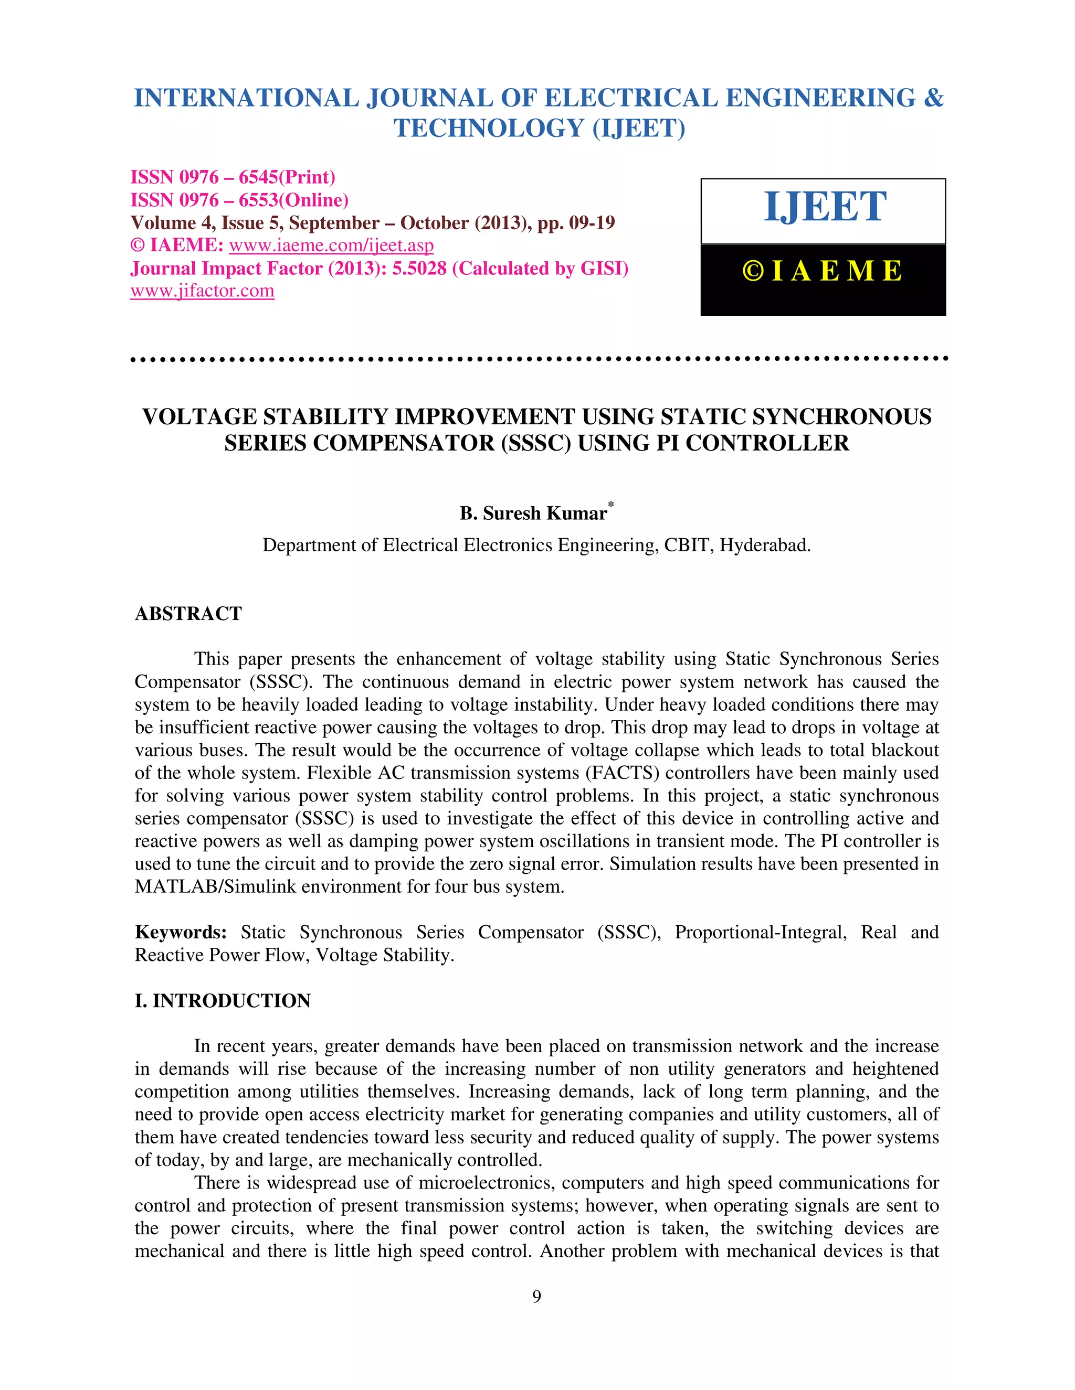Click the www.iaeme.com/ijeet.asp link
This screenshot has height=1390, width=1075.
pyautogui.click(x=331, y=245)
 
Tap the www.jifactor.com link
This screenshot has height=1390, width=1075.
pyautogui.click(x=202, y=291)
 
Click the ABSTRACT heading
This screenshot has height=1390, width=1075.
pyautogui.click(x=188, y=614)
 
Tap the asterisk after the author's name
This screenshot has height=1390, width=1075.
pyautogui.click(x=611, y=505)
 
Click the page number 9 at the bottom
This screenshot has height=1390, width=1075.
pyautogui.click(x=537, y=1297)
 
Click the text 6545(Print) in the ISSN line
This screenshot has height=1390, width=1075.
pyautogui.click(x=287, y=178)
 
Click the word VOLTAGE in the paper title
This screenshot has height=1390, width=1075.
pyautogui.click(x=199, y=417)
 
